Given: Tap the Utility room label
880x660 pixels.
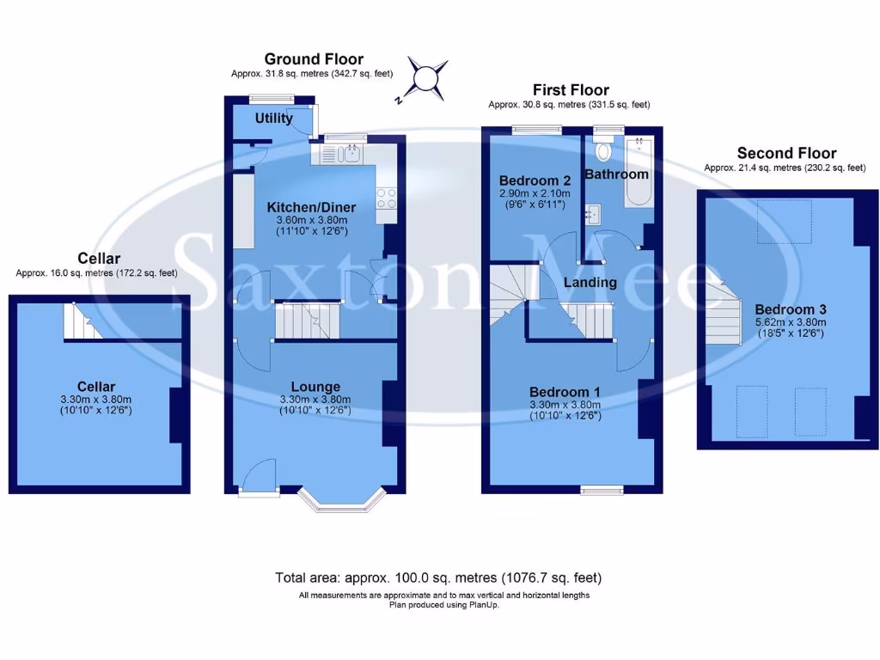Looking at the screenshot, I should (274, 119).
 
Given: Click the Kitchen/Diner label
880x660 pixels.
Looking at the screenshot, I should (311, 207).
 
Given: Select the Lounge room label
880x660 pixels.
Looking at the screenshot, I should (315, 387).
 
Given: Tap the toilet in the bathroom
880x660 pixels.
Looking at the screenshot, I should (603, 152).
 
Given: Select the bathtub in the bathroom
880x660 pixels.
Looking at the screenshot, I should (638, 172).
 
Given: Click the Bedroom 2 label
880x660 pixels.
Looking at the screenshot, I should (535, 180).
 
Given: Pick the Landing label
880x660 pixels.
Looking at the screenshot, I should (590, 282).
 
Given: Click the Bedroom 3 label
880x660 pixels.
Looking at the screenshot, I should (790, 309).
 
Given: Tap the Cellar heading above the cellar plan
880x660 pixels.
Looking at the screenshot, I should (99, 258).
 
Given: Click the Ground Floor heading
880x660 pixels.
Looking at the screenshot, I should (314, 59).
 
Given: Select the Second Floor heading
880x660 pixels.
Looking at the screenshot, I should (786, 153).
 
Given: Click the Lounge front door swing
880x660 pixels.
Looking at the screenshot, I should (258, 475).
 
